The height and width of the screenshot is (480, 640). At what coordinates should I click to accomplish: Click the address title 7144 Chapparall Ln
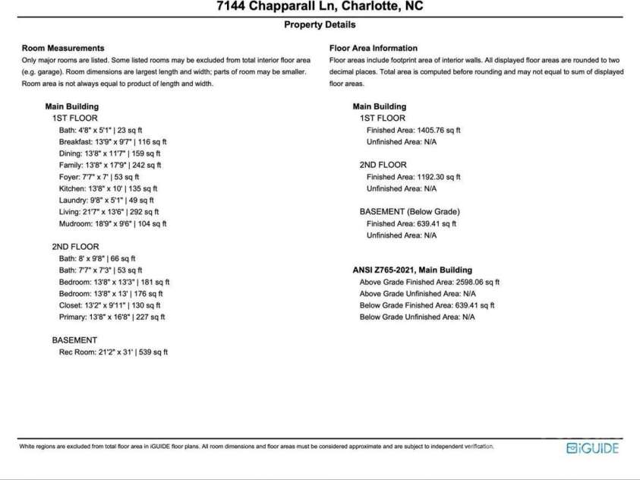[x=319, y=7]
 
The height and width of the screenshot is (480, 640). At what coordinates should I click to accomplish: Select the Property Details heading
[x=319, y=24]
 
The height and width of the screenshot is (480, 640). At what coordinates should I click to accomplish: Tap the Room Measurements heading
[x=63, y=48]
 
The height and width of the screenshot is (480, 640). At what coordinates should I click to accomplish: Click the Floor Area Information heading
[x=373, y=48]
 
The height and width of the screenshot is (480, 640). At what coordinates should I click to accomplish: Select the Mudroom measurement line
[x=112, y=223]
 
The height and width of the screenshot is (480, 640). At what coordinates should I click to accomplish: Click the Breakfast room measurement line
[x=113, y=141]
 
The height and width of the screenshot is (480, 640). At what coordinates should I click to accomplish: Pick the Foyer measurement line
[x=98, y=176]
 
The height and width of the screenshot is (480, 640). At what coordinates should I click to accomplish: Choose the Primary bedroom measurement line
[x=112, y=317]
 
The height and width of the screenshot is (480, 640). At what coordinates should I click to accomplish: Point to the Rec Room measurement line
[x=113, y=352]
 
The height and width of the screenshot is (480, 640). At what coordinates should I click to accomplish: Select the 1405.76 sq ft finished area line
[x=413, y=130]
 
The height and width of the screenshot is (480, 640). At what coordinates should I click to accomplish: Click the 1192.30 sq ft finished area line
[x=413, y=177]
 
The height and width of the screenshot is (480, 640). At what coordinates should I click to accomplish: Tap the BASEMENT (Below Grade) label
[x=409, y=212]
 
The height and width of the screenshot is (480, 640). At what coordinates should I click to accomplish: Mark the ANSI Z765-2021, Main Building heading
[x=412, y=270]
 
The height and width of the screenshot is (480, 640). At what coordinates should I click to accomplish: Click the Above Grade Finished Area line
[x=429, y=282]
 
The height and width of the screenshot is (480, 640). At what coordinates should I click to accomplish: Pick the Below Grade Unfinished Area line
[x=417, y=317]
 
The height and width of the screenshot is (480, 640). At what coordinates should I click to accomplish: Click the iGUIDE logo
[x=592, y=448]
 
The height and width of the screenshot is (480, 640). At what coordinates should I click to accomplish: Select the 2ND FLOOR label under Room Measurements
[x=75, y=247]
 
